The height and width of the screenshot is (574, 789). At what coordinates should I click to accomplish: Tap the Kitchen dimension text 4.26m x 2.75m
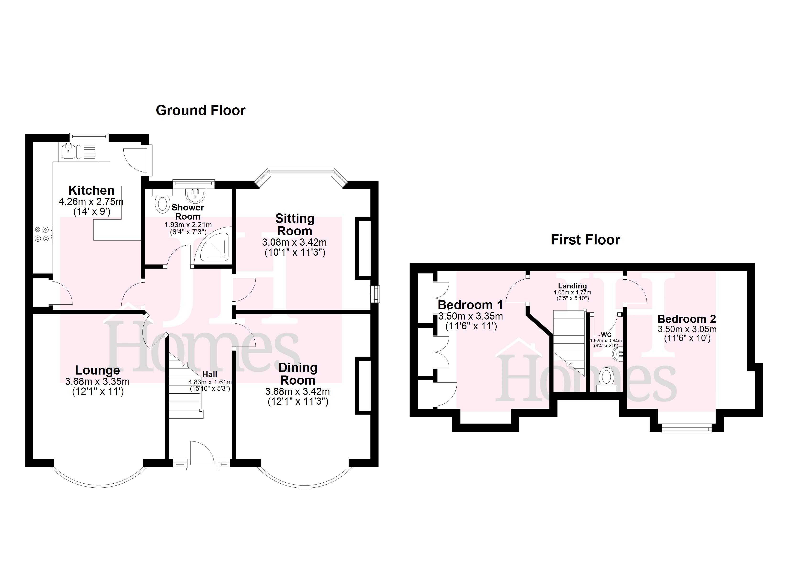tap(91, 202)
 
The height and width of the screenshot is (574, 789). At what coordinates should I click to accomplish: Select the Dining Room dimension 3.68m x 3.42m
tap(297, 391)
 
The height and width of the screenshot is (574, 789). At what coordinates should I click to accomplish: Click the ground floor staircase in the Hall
tap(184, 390)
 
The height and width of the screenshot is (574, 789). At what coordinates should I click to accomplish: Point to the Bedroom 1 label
tap(470, 305)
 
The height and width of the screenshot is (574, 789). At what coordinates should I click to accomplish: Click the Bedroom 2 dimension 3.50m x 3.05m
tap(687, 329)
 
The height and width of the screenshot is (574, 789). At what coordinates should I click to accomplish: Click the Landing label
tap(572, 286)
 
